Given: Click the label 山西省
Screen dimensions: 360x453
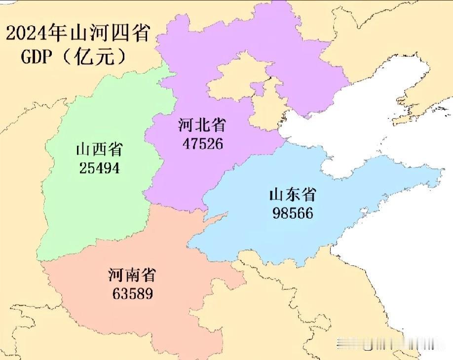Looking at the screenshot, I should pos(99,150).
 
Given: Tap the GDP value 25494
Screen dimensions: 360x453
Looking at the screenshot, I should pos(99,168).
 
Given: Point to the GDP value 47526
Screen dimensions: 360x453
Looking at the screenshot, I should pos(202,143).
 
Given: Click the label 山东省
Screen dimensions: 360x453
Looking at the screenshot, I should pos(292,195).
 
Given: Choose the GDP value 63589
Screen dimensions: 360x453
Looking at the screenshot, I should pos(132,294).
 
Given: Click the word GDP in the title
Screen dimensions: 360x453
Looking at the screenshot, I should pos(37,57).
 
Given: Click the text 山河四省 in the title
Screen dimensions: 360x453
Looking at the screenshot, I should pos(111,34).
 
